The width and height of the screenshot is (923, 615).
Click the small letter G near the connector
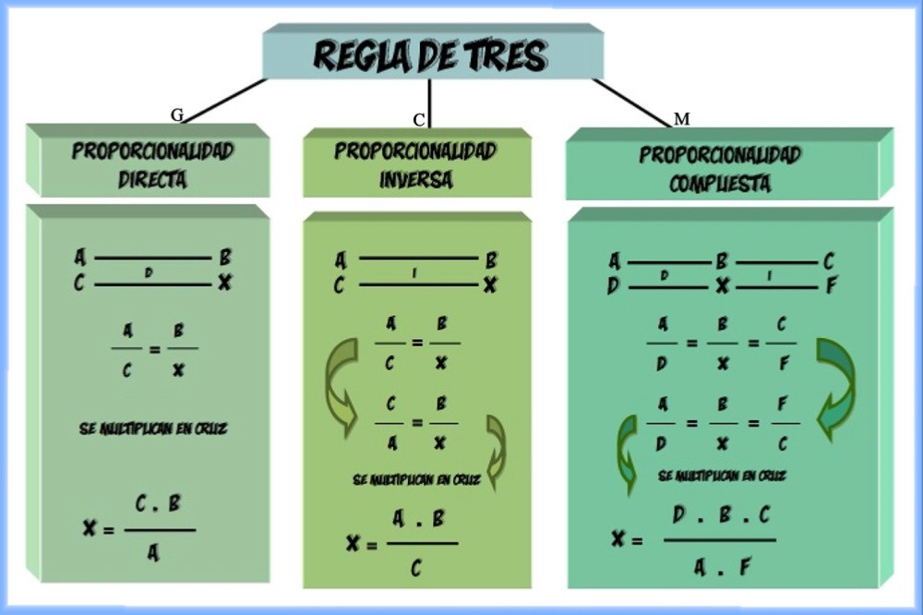177,115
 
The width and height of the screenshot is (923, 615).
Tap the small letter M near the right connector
682,119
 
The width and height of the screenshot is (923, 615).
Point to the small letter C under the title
419,119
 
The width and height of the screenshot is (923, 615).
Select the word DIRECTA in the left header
152,179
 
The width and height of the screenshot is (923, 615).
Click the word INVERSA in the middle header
416,179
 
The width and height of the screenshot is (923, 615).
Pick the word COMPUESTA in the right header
719,183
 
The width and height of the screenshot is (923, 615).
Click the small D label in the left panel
148,272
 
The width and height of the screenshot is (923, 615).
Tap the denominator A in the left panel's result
152,554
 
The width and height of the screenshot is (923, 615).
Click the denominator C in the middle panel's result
417,566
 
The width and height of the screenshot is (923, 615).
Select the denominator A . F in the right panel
723,566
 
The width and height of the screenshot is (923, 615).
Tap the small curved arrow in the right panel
628,452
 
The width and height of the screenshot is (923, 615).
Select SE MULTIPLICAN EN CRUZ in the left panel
153,429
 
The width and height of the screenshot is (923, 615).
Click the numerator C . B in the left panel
158,504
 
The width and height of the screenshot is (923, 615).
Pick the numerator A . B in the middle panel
418,519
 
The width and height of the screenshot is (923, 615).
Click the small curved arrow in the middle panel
496,451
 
